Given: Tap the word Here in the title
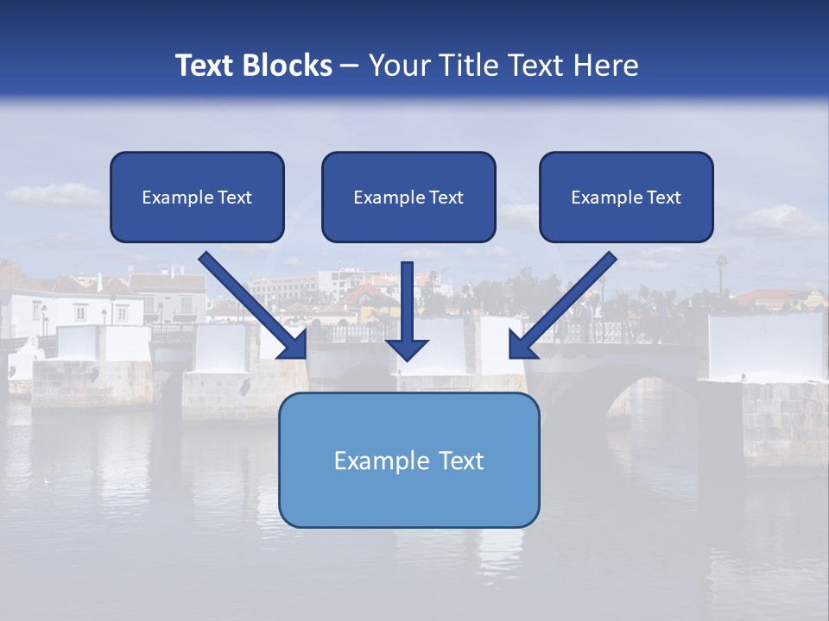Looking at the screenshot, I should pos(605,66).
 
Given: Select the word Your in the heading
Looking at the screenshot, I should pos(398,66).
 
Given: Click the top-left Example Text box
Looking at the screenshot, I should pos(197,197).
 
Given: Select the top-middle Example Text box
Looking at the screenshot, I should pos(408,197).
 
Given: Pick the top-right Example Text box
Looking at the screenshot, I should pos(626,197).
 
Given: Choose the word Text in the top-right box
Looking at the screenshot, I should pos(663,198).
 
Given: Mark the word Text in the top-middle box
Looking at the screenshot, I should pos(446,198).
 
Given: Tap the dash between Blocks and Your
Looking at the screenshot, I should pos(350,66).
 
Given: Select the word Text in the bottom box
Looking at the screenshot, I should pos(461,461).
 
